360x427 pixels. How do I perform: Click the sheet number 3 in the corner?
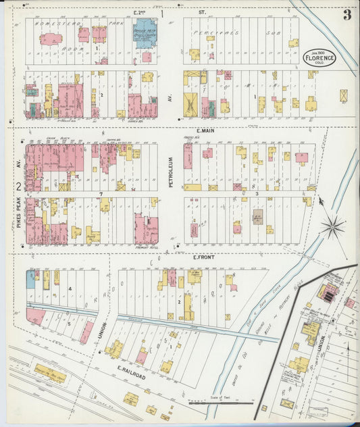(346, 15)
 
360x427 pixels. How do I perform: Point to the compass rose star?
(333, 226)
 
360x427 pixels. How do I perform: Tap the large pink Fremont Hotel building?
(147, 229)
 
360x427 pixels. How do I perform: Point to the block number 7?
(101, 195)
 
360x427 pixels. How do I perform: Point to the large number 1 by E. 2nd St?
(162, 13)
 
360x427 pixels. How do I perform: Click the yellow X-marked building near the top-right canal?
(343, 96)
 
